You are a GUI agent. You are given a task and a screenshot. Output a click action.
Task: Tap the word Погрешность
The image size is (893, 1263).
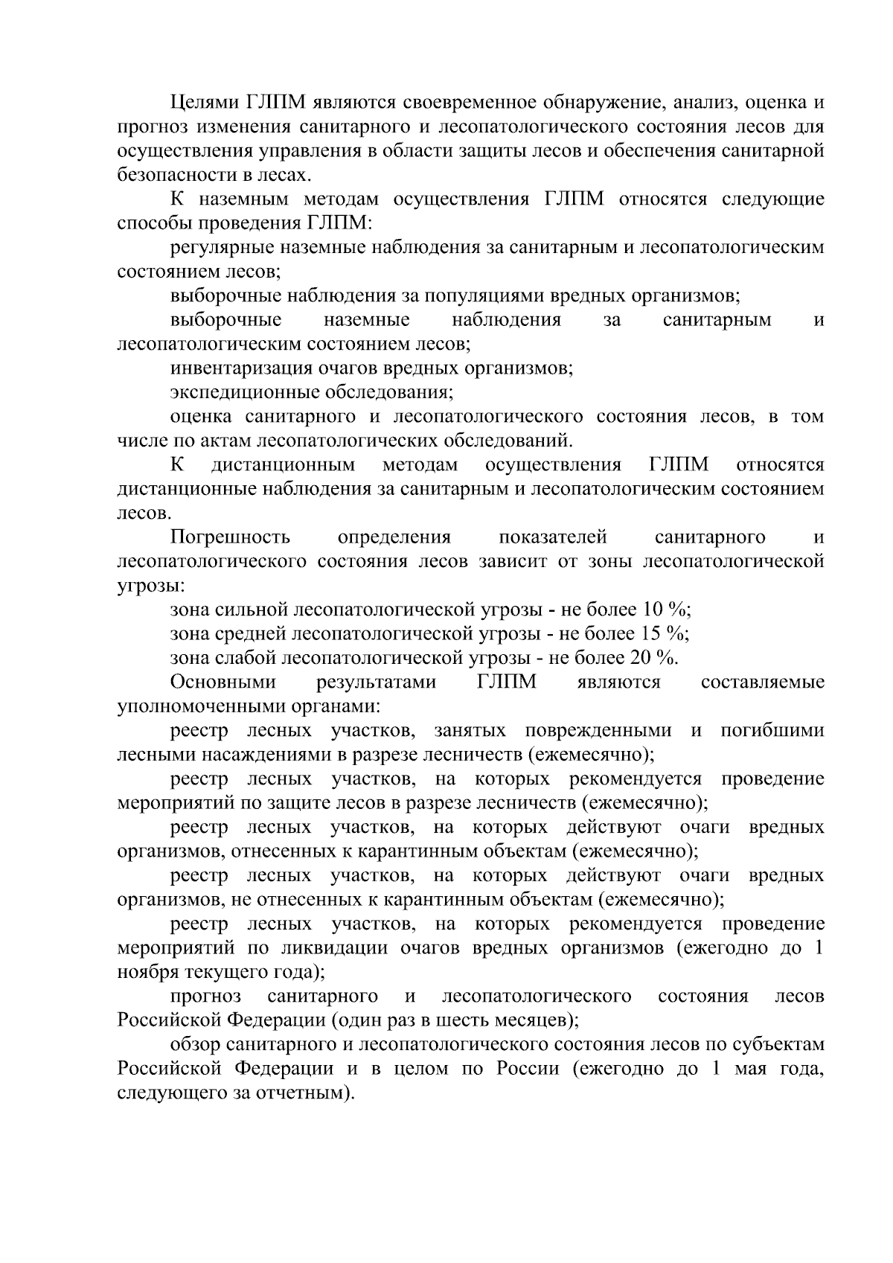tap(230, 537)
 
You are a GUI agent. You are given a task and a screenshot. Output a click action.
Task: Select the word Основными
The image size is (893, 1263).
tap(223, 682)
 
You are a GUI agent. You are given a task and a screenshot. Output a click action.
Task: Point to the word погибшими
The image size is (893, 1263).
tap(772, 731)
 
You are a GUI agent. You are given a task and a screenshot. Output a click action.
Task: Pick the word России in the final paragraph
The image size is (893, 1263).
tap(525, 1069)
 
